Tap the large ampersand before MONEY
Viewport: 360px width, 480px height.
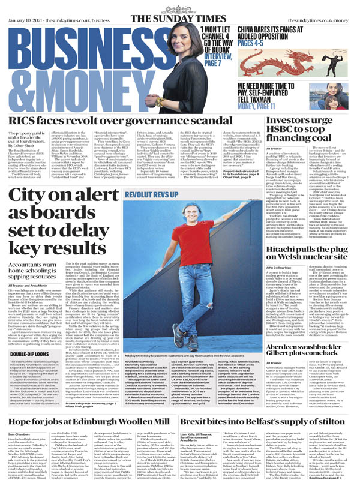(x=13, y=65)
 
